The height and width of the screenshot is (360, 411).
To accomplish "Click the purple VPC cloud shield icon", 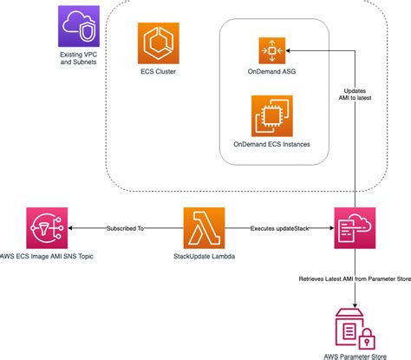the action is coord(79,26).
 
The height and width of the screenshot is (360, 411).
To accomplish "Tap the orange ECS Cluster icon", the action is coord(159,43).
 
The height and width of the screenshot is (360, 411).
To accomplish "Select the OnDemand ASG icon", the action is coord(272,50).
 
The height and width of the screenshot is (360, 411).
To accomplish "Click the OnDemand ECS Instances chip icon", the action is coord(272,116).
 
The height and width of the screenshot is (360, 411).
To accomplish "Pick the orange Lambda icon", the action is coord(204,228).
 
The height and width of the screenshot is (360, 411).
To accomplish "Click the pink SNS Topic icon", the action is coord(47,228).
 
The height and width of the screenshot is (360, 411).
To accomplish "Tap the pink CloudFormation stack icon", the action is coord(355,228).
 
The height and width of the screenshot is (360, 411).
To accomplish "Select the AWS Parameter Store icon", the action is coord(355,329).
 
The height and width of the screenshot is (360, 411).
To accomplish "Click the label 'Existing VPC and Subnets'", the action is coord(79,58).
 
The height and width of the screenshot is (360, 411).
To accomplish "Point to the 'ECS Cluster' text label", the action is coord(159,71).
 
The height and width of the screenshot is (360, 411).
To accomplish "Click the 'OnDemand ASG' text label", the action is coord(271,71).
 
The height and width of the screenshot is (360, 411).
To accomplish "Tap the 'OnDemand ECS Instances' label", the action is coord(271,144).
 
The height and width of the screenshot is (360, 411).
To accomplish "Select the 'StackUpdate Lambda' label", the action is coord(204,256).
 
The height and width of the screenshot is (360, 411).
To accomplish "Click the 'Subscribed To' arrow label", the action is coord(125,228).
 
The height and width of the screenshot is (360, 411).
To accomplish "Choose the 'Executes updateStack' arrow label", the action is coord(279,228).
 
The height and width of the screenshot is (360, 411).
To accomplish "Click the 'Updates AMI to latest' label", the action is coord(355,95).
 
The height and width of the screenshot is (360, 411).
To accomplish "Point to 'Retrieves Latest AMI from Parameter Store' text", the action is coord(355,279).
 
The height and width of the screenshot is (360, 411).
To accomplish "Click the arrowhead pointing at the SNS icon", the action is coord(70,228).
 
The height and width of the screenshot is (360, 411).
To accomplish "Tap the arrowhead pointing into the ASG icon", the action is coord(288,50).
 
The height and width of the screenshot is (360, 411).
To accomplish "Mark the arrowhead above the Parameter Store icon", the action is coord(355,306).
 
